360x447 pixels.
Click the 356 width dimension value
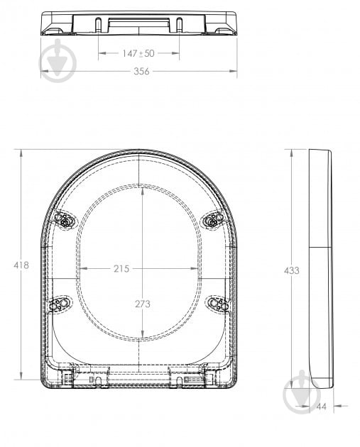click(x=141, y=72)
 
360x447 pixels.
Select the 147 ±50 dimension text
click(x=138, y=54)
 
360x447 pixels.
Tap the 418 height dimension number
click(x=21, y=265)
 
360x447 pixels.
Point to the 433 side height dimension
click(x=291, y=270)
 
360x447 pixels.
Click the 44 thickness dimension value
click(x=321, y=407)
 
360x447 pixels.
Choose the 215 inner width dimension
click(x=121, y=269)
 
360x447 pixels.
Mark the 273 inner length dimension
click(x=143, y=304)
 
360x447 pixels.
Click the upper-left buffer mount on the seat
click(x=65, y=221)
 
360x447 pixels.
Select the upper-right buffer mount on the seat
click(x=213, y=221)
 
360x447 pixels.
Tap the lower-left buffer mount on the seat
click(x=59, y=304)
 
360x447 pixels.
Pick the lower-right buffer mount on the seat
click(x=218, y=304)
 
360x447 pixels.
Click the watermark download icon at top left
click(x=57, y=62)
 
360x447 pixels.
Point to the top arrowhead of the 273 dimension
click(x=143, y=189)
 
